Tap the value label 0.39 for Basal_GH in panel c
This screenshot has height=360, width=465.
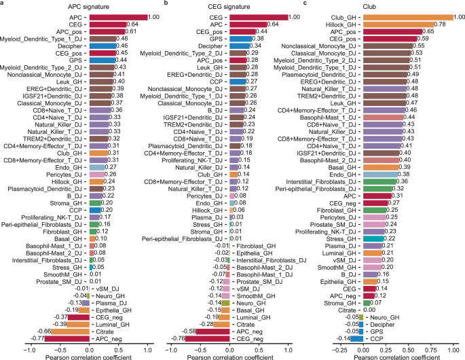click(405, 167)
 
